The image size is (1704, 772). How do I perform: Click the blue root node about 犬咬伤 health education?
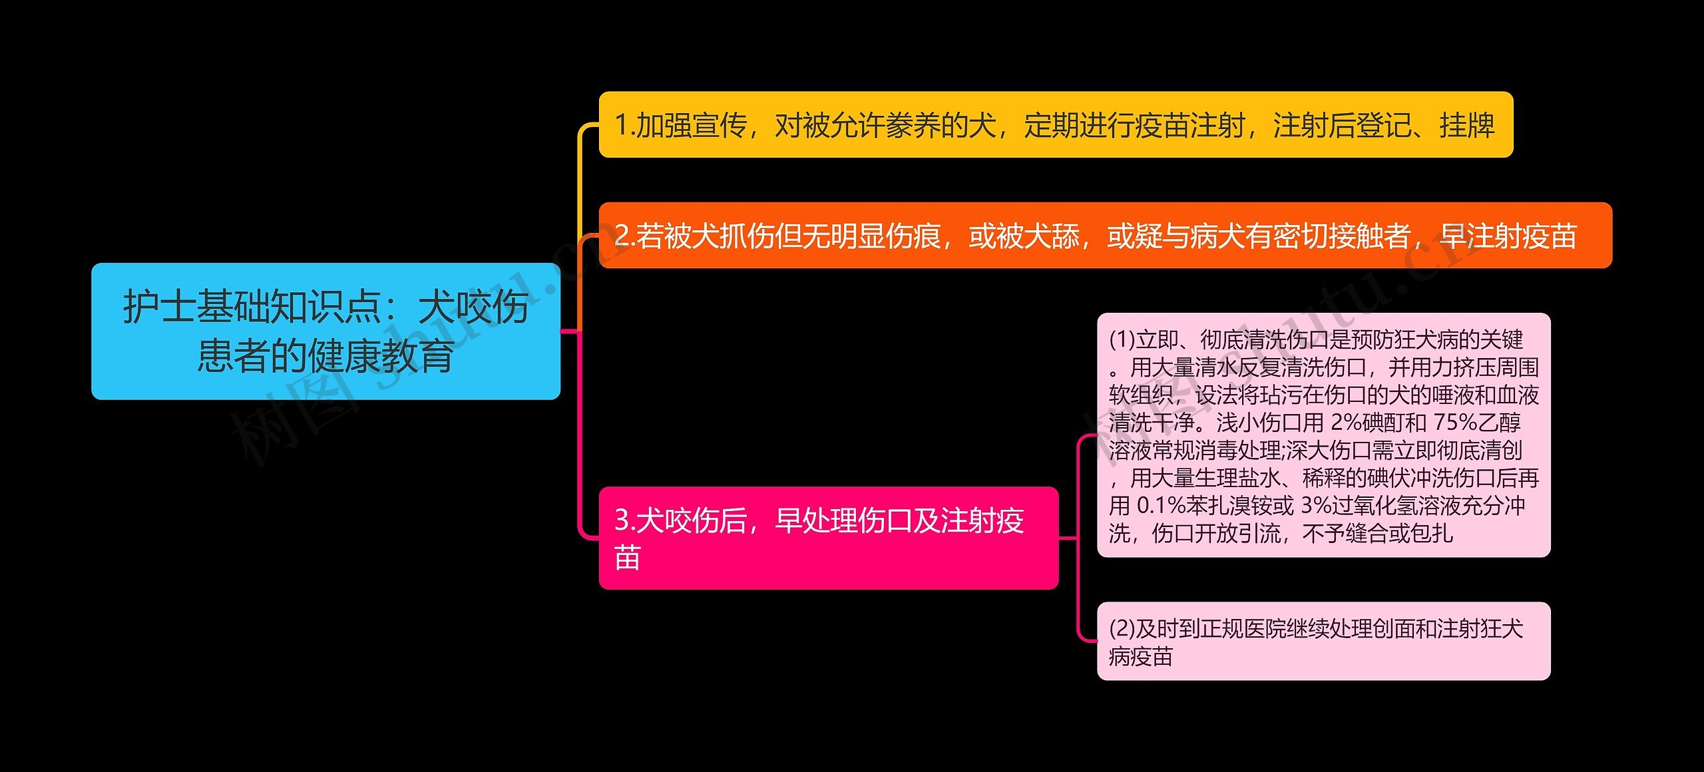tap(325, 331)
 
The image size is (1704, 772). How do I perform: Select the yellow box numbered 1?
tap(1056, 124)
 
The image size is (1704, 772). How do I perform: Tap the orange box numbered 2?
tap(1106, 236)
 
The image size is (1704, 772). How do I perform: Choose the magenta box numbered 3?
tap(829, 538)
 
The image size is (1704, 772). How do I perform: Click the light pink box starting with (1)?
tap(1324, 435)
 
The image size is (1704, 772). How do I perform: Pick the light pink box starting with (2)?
tap(1324, 642)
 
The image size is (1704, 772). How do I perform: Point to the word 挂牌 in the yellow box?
tap(1467, 125)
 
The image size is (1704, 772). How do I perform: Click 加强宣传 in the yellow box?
tap(691, 125)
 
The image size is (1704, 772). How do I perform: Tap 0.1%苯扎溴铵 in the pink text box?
tap(1215, 506)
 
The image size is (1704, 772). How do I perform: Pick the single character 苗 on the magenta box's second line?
tap(628, 558)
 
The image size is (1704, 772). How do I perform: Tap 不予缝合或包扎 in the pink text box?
tap(1377, 533)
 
